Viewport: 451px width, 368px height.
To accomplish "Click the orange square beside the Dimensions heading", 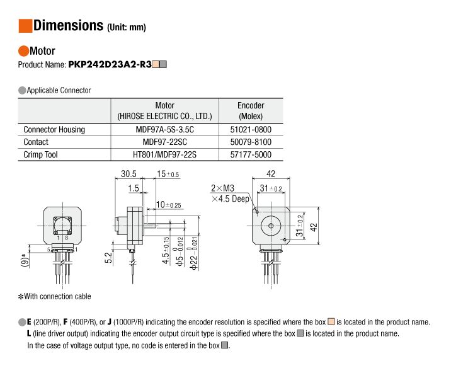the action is (25, 26).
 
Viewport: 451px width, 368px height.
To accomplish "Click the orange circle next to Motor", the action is (23, 51).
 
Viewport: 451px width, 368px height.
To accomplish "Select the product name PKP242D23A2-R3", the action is (110, 64).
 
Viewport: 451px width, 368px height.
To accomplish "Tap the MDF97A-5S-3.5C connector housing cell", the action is (165, 129).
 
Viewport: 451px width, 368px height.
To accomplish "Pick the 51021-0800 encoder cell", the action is (251, 129).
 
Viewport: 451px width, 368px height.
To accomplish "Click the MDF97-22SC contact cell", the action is (165, 142).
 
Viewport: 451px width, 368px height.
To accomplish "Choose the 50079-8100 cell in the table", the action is (251, 142).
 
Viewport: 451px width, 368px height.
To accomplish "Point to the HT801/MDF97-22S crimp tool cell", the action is (165, 154).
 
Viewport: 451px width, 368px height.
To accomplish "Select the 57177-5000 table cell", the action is (251, 154).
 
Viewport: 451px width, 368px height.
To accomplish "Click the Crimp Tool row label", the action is (40, 154).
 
